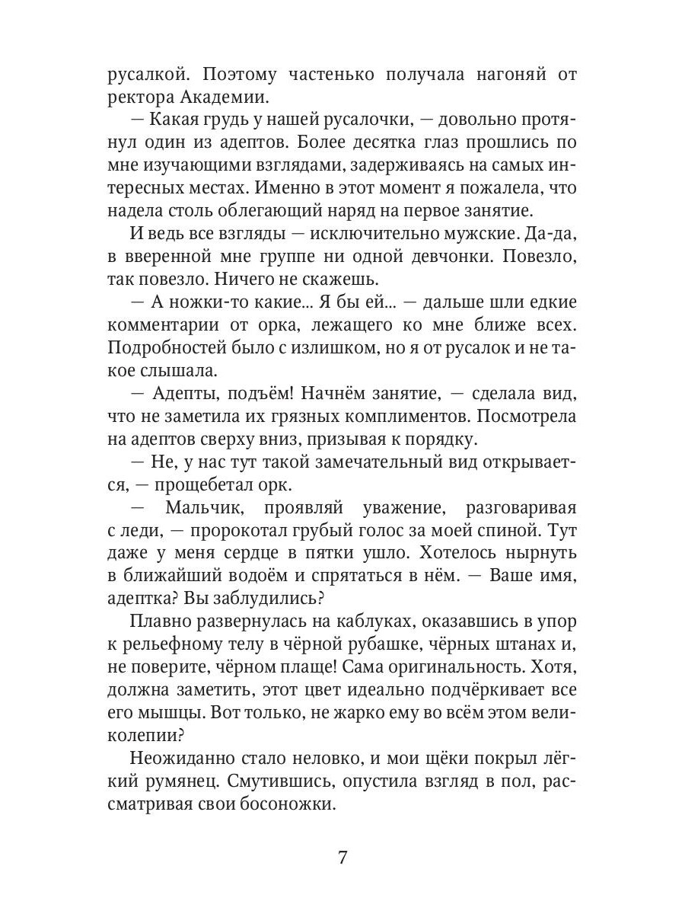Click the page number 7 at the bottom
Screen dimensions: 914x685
point(342,858)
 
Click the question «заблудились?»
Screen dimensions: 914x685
point(266,596)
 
